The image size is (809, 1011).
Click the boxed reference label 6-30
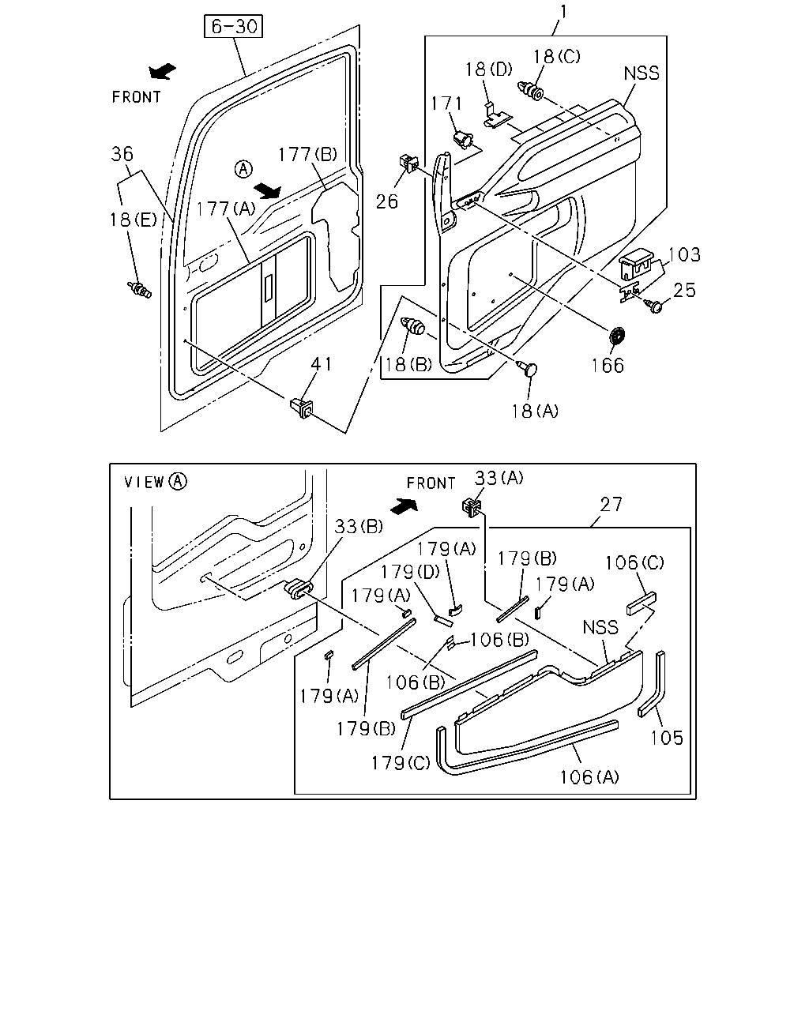[x=233, y=26]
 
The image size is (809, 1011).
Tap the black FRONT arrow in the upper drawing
[x=162, y=71]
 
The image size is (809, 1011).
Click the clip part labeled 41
[x=301, y=408]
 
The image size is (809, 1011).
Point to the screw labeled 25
[x=654, y=306]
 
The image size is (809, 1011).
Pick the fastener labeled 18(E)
[x=139, y=290]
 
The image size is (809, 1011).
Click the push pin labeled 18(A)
[x=528, y=368]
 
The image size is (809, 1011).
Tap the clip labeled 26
[x=408, y=162]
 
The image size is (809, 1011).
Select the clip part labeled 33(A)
[x=472, y=507]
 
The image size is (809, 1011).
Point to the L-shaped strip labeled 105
[x=652, y=684]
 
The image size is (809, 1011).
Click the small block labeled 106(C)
[x=642, y=603]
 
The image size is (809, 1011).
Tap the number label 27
[x=611, y=504]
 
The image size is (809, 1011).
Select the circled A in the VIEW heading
[x=179, y=481]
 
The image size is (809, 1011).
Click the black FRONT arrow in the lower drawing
[x=404, y=506]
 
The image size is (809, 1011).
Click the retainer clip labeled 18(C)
[x=530, y=91]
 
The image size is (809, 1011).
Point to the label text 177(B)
[x=307, y=154]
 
